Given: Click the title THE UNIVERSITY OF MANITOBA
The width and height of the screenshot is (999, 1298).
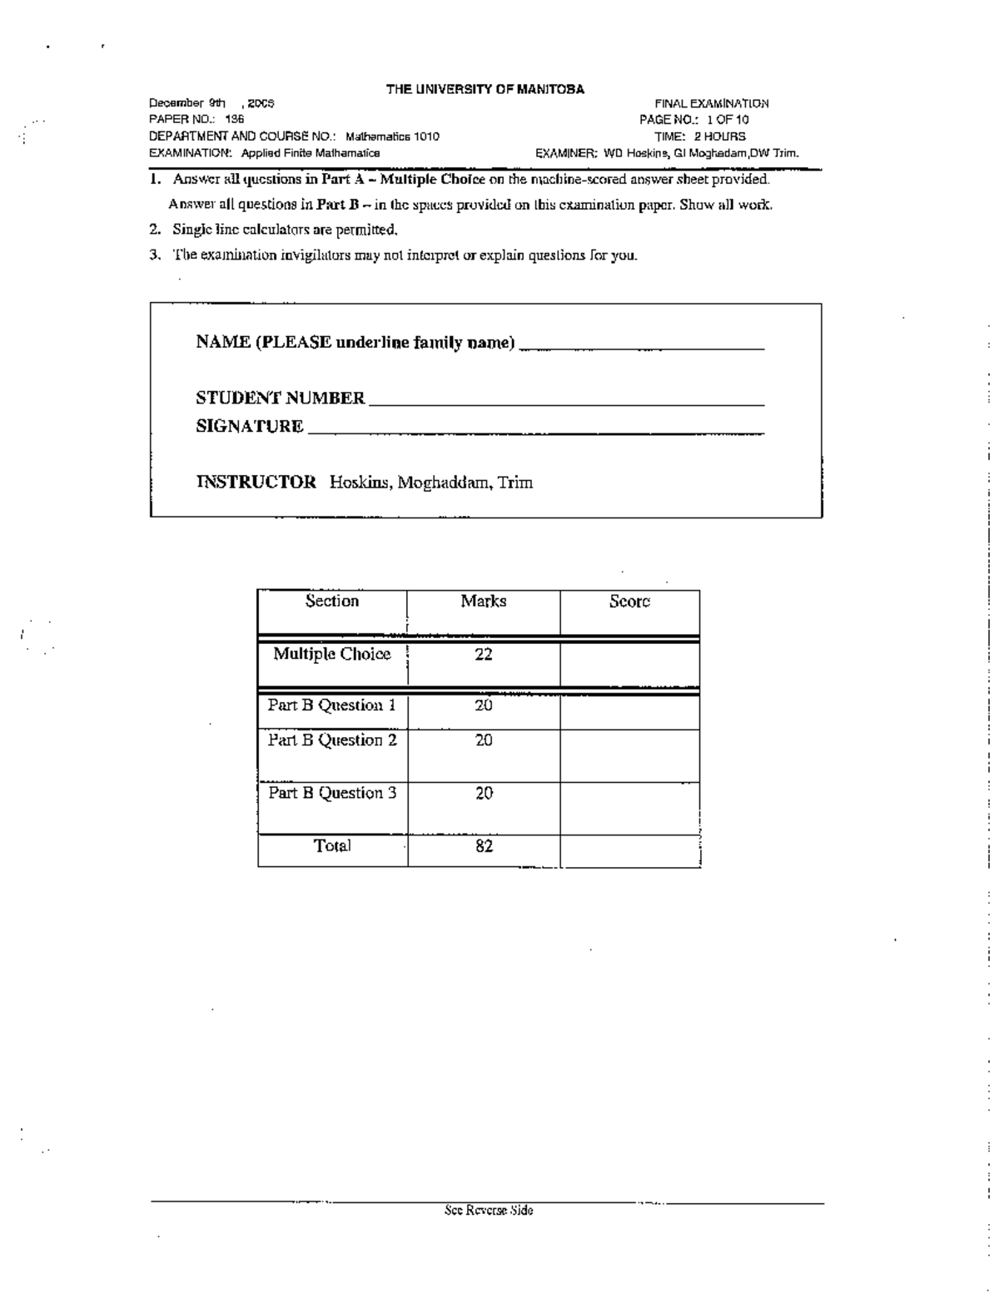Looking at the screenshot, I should (485, 89).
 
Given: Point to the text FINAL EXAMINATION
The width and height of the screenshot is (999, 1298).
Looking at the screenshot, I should (711, 104).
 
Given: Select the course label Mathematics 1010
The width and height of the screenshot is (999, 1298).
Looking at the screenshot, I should (392, 136).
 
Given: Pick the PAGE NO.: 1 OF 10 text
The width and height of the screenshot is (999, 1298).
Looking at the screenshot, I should (693, 120).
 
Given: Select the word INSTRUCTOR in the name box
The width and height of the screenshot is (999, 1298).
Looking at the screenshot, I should (256, 482).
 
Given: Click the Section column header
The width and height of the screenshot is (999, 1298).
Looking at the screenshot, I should (331, 602).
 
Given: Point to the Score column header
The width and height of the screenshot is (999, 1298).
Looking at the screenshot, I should (629, 602).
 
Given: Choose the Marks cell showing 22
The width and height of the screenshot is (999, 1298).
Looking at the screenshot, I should (484, 655).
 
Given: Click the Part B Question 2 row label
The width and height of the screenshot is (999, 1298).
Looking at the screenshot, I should (332, 741).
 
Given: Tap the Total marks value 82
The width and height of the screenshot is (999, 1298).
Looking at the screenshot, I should (484, 846).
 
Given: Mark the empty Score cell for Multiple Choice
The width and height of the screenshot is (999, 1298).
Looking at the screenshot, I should (629, 663).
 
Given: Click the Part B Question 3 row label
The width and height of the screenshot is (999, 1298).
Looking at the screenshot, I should (332, 793).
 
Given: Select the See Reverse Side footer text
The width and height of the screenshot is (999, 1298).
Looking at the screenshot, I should (489, 1211).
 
